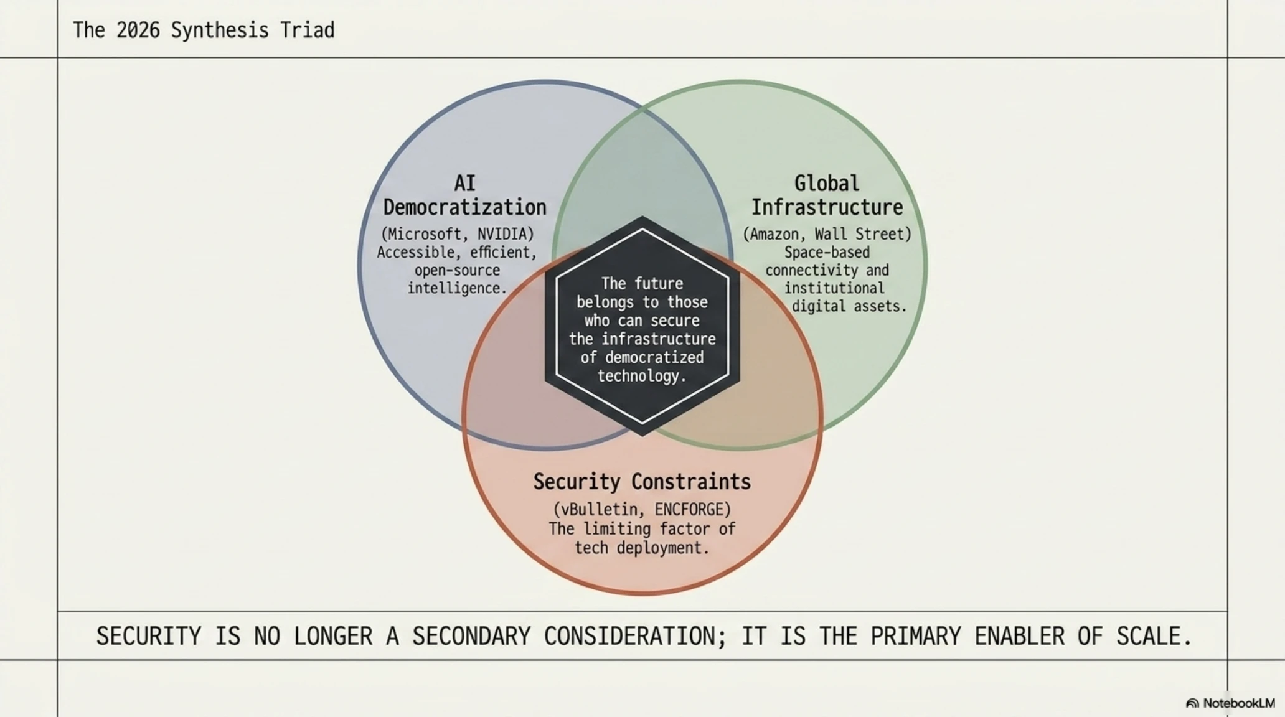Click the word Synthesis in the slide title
click(x=220, y=30)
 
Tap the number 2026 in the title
click(x=138, y=30)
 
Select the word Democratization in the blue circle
click(x=464, y=207)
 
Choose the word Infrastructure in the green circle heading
click(x=827, y=207)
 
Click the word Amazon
click(x=775, y=234)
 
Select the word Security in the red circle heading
click(x=577, y=482)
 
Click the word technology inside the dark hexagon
click(x=638, y=376)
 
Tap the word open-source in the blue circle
click(x=457, y=271)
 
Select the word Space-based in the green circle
click(x=827, y=252)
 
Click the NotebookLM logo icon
click(x=1192, y=703)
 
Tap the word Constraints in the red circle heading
click(x=691, y=482)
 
